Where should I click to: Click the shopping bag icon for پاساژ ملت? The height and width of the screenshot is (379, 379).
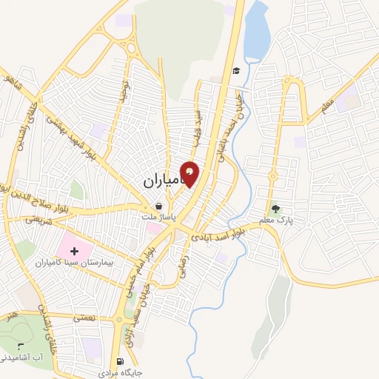tap(158, 207)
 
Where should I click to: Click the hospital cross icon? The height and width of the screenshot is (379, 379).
tap(73, 251)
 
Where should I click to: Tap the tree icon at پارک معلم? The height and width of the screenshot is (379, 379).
tap(276, 209)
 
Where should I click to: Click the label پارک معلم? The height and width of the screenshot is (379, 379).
tap(277, 220)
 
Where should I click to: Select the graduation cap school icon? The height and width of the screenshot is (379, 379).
tap(236, 70)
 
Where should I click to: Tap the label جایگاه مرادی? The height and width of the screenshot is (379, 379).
tap(118, 373)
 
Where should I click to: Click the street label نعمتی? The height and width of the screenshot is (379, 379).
tap(83, 317)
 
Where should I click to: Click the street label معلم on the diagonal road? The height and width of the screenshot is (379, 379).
tap(328, 107)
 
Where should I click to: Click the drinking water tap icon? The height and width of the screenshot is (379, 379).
tap(20, 346)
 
